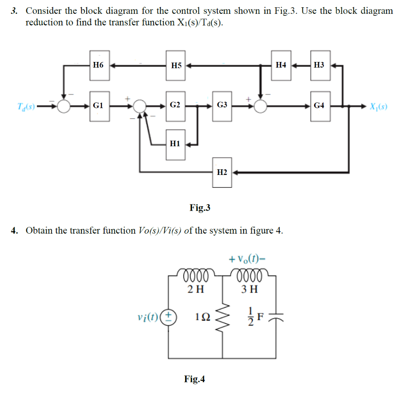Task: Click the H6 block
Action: click(x=98, y=65)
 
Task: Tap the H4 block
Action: click(x=281, y=65)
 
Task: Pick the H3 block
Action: click(x=320, y=65)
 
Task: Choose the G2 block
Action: click(x=175, y=106)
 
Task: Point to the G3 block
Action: click(x=222, y=106)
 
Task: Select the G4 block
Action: click(x=320, y=106)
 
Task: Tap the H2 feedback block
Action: click(x=222, y=173)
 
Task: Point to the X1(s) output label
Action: click(x=378, y=107)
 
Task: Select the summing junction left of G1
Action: click(x=63, y=106)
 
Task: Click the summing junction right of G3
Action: click(x=261, y=106)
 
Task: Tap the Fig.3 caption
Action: click(x=200, y=208)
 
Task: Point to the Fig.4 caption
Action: click(x=195, y=379)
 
